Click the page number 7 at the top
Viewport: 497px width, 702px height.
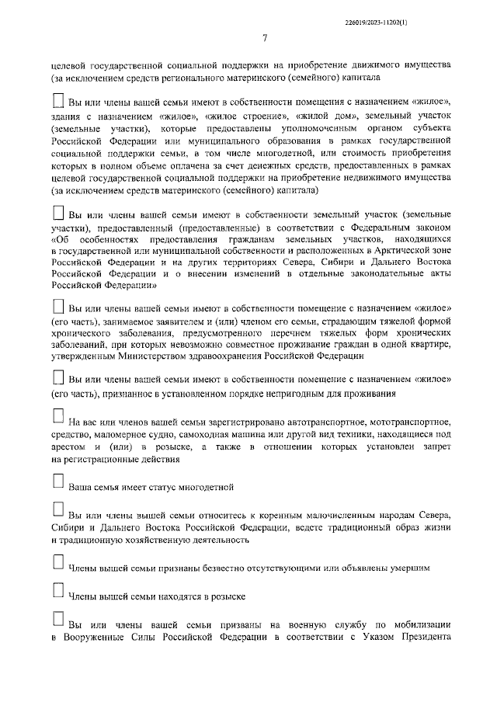265,38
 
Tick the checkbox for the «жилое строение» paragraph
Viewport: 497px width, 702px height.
57,100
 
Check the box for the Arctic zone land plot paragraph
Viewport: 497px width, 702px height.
57,211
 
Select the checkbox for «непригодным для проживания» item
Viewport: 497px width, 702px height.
57,377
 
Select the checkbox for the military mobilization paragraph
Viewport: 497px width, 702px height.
57,619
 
